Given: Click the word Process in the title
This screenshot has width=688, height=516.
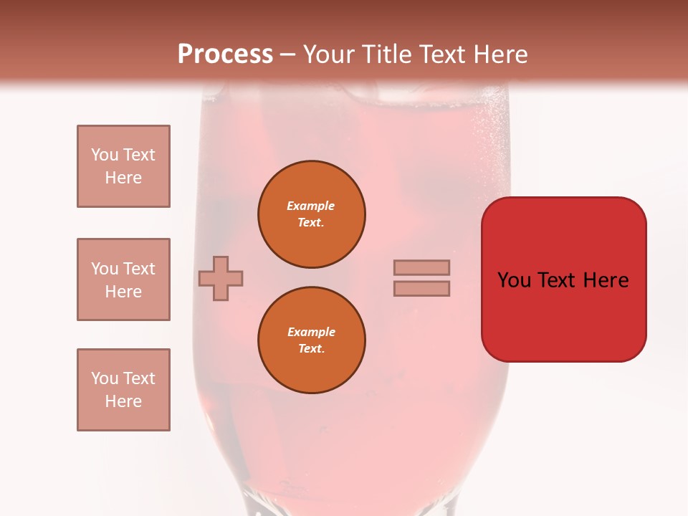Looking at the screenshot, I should coord(225,54).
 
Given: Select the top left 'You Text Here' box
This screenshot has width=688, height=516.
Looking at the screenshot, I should coord(123,166).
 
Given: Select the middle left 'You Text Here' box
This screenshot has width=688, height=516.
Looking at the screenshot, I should coord(123,279).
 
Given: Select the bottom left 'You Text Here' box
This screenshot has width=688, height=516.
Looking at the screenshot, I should coord(123,390).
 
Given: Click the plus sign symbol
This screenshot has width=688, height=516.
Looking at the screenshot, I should coord(221,278).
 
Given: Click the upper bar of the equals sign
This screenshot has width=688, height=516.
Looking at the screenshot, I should coord(421,267).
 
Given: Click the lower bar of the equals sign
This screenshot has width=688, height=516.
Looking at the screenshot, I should coord(421,288).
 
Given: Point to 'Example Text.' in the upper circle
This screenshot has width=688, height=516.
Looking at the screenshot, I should coord(311,214).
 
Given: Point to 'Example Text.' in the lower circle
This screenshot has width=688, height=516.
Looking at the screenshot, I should coord(311,340).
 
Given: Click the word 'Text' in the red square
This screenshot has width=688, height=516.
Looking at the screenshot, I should coord(558,280).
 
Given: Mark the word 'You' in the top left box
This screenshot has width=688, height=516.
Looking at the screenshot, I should coord(105,155).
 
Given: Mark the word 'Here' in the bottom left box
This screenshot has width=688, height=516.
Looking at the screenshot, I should coord(123,401).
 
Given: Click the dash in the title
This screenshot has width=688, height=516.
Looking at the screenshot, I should coord(287,55).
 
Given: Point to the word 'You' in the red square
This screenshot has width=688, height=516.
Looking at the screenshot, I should coord(515,280).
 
